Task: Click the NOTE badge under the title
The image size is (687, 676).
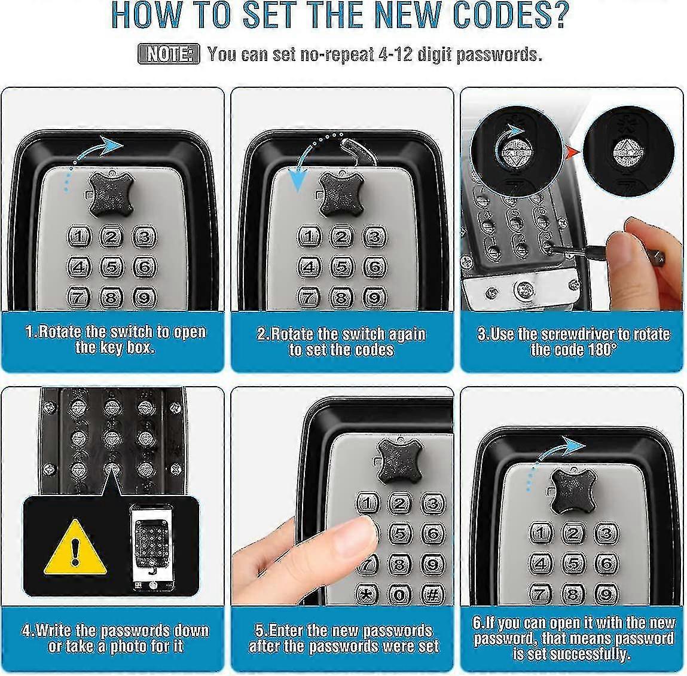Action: [168, 54]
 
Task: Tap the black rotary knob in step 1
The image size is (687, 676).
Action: [111, 192]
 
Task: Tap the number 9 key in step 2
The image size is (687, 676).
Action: [373, 297]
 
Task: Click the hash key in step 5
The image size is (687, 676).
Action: [432, 594]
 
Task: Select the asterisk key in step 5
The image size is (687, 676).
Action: [366, 594]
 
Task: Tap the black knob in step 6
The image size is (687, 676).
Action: [573, 490]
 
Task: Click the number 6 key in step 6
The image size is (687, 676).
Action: [605, 563]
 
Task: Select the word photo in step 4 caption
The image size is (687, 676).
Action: [132, 647]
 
